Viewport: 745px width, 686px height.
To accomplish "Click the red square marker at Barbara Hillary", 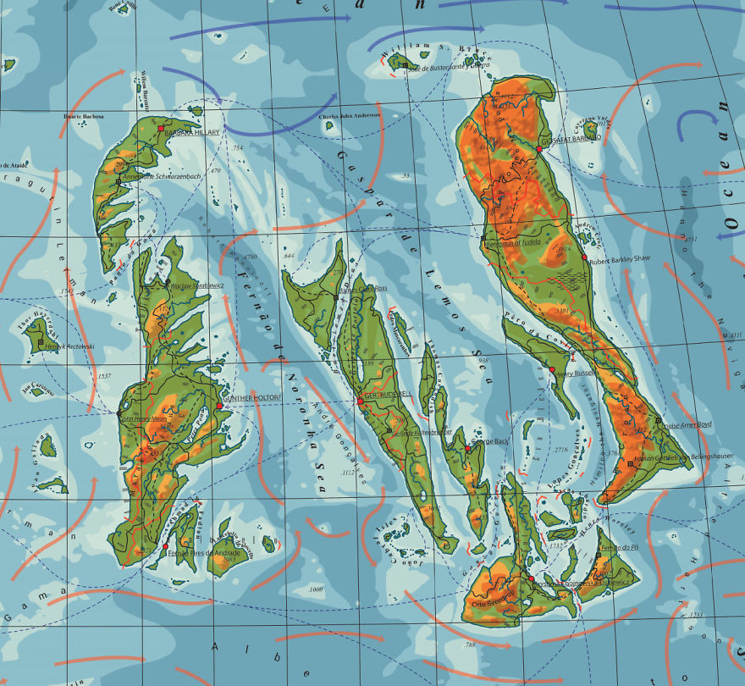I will (161, 127).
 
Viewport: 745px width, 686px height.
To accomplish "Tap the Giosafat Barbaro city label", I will (571, 136).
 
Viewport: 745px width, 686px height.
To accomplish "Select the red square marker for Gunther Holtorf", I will (219, 406).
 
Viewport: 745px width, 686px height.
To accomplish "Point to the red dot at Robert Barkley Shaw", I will (584, 257).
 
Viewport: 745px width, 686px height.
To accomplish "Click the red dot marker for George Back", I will (467, 449).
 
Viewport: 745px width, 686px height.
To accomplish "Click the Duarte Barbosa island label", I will (87, 116).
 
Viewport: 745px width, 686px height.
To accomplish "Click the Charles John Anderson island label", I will (349, 115).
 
